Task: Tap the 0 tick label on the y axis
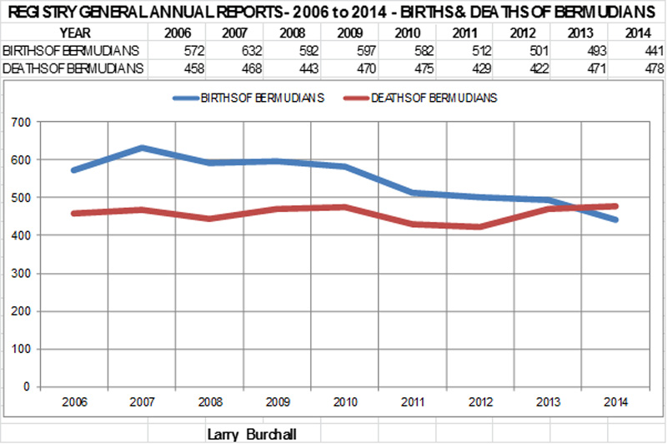click(25, 387)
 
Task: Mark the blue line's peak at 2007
click(143, 148)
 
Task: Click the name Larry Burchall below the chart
click(252, 434)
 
